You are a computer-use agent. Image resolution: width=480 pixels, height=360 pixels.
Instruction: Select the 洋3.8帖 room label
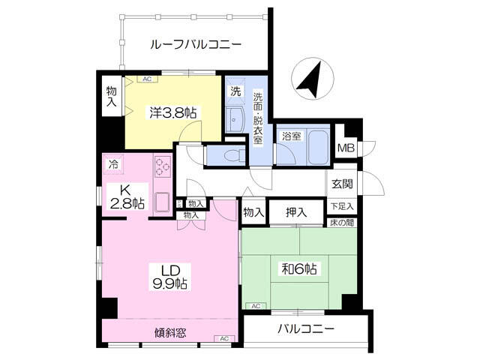coord(173,113)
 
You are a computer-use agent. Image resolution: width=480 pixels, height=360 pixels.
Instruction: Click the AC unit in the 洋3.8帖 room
coord(147,76)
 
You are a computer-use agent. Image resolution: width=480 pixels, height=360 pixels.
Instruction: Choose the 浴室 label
coord(291,136)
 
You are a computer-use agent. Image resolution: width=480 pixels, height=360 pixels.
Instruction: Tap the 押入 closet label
coord(296,212)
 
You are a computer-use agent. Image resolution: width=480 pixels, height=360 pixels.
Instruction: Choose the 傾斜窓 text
coord(171,333)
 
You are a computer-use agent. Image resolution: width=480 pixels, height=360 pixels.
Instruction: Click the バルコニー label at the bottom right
coord(305,329)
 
